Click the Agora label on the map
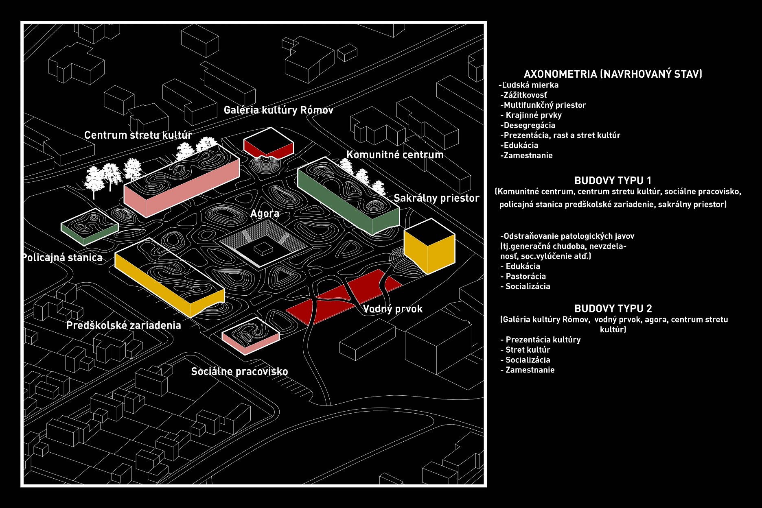(x=265, y=214)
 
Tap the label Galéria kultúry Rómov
(x=278, y=110)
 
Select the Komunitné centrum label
(x=395, y=155)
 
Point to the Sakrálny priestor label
(x=436, y=198)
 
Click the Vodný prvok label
(x=392, y=309)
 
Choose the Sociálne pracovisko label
(x=239, y=372)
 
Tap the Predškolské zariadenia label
(x=123, y=325)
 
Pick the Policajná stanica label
(x=62, y=258)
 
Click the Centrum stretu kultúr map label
(x=138, y=135)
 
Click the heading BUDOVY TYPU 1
(x=613, y=181)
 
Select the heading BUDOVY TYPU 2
(x=613, y=308)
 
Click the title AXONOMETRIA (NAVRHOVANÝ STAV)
(x=613, y=74)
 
